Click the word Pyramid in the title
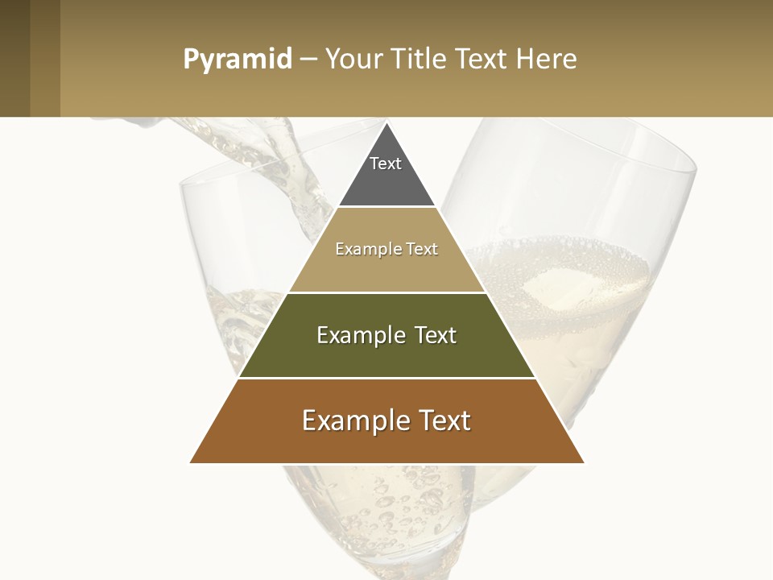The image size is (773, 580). (x=238, y=60)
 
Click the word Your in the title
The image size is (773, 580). (x=352, y=60)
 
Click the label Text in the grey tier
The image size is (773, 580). (x=386, y=164)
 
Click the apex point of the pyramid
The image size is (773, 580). (x=386, y=123)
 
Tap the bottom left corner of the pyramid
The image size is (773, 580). (x=192, y=462)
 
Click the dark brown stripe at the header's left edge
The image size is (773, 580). (x=14, y=58)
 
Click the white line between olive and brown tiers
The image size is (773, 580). (x=386, y=378)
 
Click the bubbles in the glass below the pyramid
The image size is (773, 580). (x=386, y=507)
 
